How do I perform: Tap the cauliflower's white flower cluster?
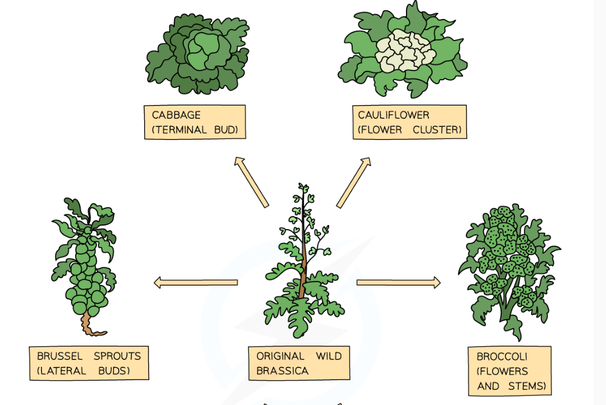point(403,55)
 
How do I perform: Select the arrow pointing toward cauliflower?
point(354,182)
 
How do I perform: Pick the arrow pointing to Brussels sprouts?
point(196,282)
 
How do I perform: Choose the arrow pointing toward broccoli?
point(398,282)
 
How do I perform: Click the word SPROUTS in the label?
point(118,356)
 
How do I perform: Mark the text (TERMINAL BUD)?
point(195,130)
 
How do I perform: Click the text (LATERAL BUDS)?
point(83,371)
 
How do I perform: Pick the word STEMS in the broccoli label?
point(526,386)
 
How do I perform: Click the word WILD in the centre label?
point(329,356)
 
